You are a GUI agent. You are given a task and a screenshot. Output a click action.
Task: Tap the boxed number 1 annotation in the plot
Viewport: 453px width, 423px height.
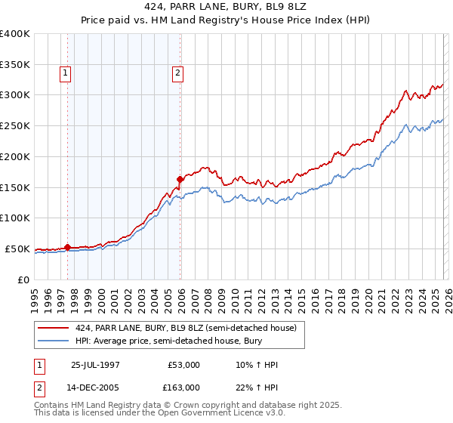click(66, 73)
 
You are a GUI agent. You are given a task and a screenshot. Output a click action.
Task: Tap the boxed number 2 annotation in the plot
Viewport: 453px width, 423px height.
click(177, 73)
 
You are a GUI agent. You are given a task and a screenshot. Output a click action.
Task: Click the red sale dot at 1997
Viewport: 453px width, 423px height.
click(68, 246)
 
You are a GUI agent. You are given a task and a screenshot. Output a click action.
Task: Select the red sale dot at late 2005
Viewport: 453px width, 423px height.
click(180, 179)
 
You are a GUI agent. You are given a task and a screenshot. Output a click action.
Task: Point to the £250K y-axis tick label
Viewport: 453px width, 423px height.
click(15, 125)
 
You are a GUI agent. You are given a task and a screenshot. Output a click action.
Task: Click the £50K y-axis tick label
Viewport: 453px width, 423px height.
click(17, 249)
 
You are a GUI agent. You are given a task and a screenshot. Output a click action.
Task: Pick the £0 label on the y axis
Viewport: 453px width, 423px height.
click(24, 279)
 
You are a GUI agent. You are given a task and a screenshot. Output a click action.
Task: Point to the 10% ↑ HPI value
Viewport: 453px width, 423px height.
click(257, 365)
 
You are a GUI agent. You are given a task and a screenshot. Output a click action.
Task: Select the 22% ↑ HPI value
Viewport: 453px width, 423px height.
click(257, 387)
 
